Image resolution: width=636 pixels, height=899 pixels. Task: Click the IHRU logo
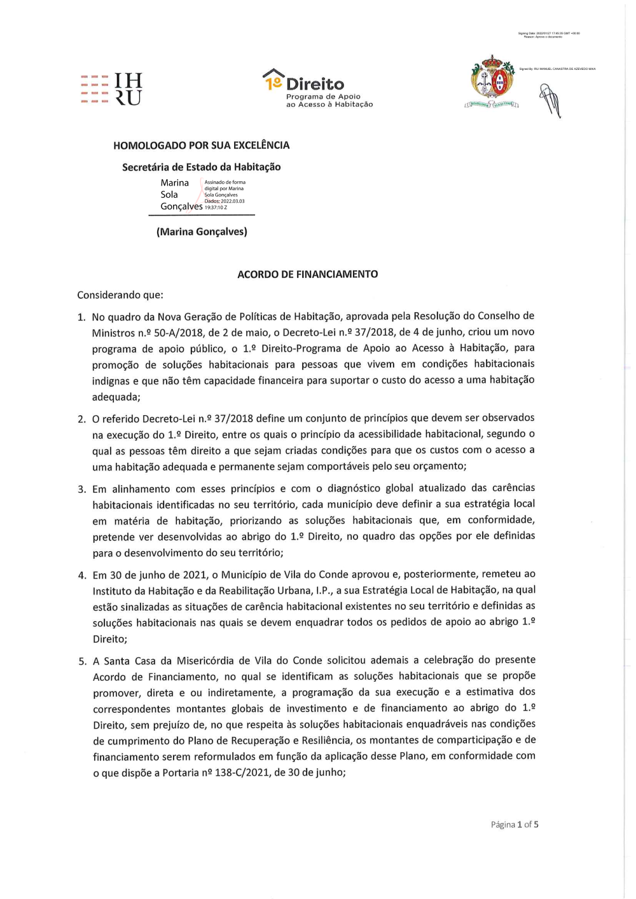point(112,89)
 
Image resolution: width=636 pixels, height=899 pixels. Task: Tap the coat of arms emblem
point(492,81)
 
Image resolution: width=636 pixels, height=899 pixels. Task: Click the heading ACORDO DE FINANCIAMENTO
point(307,274)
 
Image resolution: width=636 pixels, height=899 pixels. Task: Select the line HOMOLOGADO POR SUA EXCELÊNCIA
point(201,145)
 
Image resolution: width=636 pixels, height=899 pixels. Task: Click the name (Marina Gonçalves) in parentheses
point(202,231)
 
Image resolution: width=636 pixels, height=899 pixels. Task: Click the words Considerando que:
point(120,295)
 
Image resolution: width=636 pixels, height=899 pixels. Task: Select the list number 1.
point(81,317)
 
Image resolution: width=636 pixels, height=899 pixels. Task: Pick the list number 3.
point(81,489)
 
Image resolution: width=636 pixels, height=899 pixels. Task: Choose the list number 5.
point(82,661)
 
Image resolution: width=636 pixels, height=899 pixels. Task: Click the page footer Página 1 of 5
point(514,825)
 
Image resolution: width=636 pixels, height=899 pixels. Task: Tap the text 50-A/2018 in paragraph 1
point(176,333)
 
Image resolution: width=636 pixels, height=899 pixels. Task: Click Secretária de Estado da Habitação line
point(201,167)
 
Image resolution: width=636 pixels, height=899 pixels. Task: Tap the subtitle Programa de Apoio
point(323,97)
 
